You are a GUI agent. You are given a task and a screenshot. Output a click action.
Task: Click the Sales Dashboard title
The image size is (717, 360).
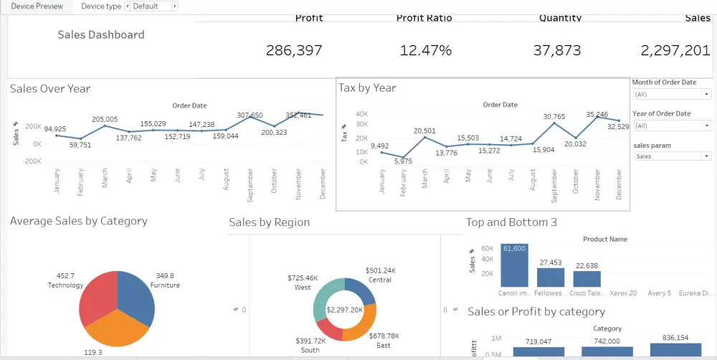(101, 34)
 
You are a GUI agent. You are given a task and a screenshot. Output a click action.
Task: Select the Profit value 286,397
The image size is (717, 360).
(294, 50)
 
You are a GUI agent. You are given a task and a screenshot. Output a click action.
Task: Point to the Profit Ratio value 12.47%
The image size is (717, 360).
(426, 50)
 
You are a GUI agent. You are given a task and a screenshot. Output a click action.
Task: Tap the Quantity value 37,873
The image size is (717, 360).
(557, 50)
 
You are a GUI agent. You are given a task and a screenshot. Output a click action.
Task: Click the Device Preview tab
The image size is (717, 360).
(37, 6)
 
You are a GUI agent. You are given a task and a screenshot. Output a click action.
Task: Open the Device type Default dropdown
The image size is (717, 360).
(151, 6)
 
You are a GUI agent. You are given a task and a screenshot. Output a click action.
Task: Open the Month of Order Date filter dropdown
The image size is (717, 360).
(671, 94)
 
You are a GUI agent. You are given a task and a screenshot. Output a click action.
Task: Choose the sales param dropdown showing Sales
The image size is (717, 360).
(671, 156)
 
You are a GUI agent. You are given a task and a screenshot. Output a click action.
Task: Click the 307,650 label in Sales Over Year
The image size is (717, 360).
(250, 115)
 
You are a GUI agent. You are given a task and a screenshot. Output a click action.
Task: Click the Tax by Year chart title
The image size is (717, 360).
(367, 87)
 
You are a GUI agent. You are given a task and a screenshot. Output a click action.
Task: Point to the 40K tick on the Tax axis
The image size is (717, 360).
(362, 114)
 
